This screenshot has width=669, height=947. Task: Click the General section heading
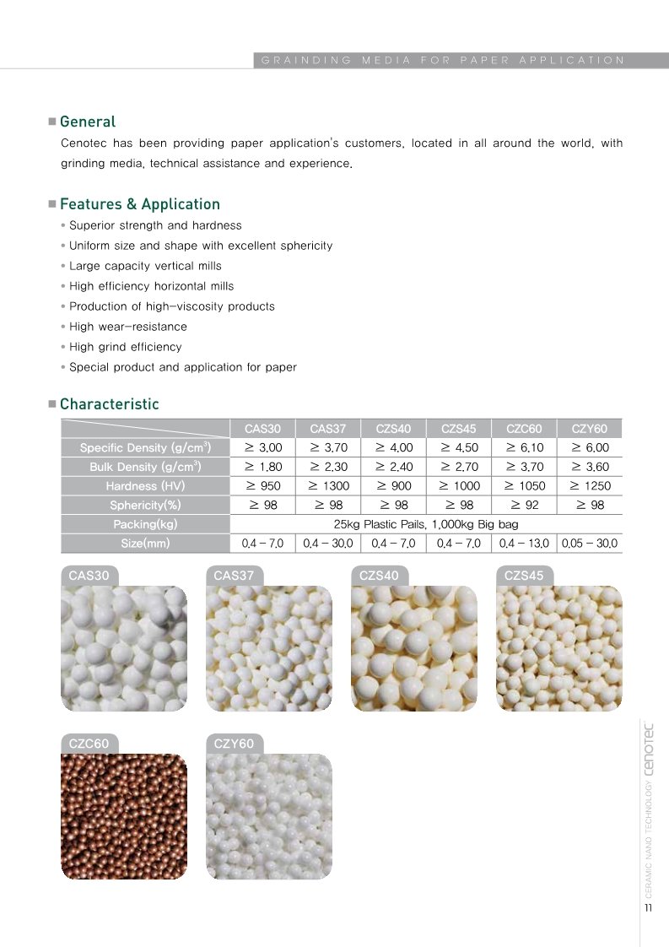[x=88, y=122]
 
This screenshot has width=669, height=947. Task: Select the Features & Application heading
[x=139, y=204]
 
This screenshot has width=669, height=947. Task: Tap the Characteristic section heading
[x=109, y=404]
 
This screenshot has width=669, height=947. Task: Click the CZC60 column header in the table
[x=524, y=429]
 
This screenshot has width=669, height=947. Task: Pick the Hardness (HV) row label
[x=145, y=486]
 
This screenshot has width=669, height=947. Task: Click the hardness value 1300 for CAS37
[x=328, y=486]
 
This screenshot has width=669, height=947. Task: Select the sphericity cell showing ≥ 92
[x=524, y=506]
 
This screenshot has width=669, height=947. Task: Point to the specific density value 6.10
[x=524, y=448]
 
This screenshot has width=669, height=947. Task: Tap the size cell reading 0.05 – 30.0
[x=589, y=544]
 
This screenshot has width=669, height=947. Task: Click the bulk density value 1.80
[x=262, y=467]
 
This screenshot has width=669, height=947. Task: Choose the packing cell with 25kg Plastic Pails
[x=426, y=524]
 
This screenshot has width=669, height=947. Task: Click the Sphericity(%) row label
[x=145, y=506]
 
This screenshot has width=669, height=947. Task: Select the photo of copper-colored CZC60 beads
[x=124, y=817]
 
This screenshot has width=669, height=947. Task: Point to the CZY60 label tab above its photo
[x=234, y=744]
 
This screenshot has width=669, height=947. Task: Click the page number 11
[x=648, y=908]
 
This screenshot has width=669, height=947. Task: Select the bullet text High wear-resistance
[x=128, y=327]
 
